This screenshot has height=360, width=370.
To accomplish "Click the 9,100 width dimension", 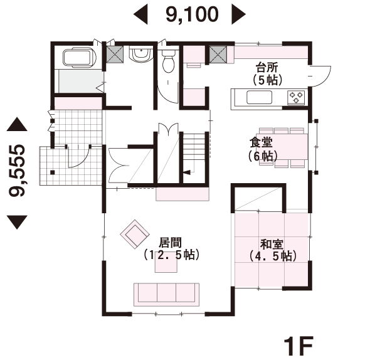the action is click(192, 14).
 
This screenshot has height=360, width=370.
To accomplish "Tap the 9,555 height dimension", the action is click(16, 171).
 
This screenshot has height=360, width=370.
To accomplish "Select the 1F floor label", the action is click(299, 346).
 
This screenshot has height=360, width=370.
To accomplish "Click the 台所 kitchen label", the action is click(267, 67).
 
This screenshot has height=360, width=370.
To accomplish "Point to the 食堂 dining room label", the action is click(261, 142).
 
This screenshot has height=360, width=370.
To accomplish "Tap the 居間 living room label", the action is click(171, 243).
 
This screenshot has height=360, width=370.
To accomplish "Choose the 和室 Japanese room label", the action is click(272, 244).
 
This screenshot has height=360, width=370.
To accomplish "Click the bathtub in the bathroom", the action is click(79, 57).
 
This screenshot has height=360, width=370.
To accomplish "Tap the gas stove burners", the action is click(296, 97).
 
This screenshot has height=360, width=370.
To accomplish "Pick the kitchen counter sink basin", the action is click(259, 97).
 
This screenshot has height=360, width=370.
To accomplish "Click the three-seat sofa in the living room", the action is click(167, 295).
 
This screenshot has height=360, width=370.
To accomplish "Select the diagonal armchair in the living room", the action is click(135, 234).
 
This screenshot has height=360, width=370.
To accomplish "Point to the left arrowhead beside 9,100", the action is click(140, 14).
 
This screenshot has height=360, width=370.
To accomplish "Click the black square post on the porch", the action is click(53, 172).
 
